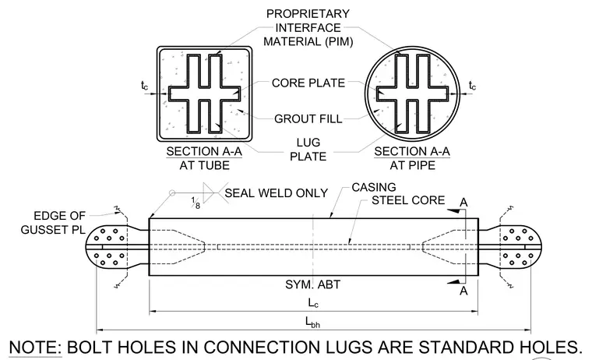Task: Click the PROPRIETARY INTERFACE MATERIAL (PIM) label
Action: click(x=308, y=27)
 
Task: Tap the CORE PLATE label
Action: click(x=308, y=83)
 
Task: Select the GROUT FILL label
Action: click(x=308, y=119)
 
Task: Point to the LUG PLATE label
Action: click(x=308, y=150)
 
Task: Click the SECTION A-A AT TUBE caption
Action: click(x=204, y=158)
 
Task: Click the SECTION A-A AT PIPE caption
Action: click(x=412, y=158)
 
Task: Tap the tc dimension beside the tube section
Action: click(x=145, y=86)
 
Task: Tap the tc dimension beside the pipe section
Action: click(x=472, y=86)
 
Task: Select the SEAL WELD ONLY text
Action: click(x=276, y=193)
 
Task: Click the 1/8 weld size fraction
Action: click(x=196, y=203)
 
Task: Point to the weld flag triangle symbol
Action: click(x=209, y=192)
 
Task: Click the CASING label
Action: click(x=374, y=187)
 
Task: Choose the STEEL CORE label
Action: click(x=408, y=200)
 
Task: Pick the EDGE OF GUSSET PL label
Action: click(x=53, y=223)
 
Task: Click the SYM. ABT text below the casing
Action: click(x=312, y=284)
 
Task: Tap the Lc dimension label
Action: click(x=313, y=303)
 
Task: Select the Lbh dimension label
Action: click(x=312, y=323)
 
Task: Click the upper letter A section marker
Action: click(x=463, y=203)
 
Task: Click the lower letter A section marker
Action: click(x=463, y=291)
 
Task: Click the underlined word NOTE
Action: click(x=35, y=348)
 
